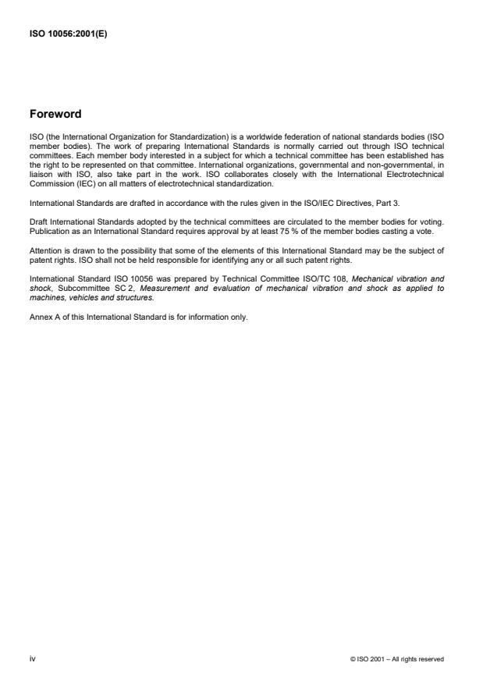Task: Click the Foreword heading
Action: (x=55, y=115)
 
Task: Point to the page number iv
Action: (x=32, y=659)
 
